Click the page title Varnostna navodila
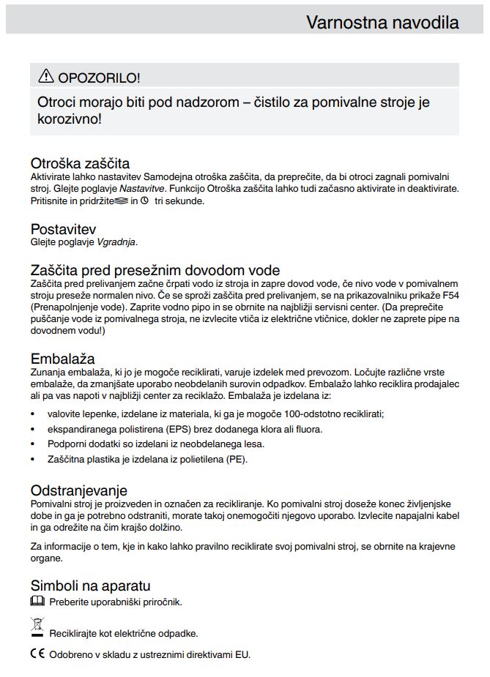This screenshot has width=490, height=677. point(382,22)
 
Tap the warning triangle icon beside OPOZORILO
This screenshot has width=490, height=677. point(46,75)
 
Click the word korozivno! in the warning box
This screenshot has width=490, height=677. point(70,119)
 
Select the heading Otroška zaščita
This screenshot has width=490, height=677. point(80,163)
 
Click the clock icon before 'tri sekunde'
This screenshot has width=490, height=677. point(144,200)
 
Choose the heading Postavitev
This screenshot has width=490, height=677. point(63,229)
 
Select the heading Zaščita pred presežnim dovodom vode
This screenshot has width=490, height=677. point(155,270)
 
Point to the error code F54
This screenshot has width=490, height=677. point(449,296)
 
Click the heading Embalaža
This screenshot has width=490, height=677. point(62,359)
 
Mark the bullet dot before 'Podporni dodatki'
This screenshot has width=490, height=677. point(34,444)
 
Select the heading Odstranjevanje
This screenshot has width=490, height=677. point(79,490)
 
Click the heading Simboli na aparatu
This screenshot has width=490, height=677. point(90,586)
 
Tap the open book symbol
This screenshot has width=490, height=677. point(37,602)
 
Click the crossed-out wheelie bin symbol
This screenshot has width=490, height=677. point(37,627)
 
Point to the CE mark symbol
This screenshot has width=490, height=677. point(37,654)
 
